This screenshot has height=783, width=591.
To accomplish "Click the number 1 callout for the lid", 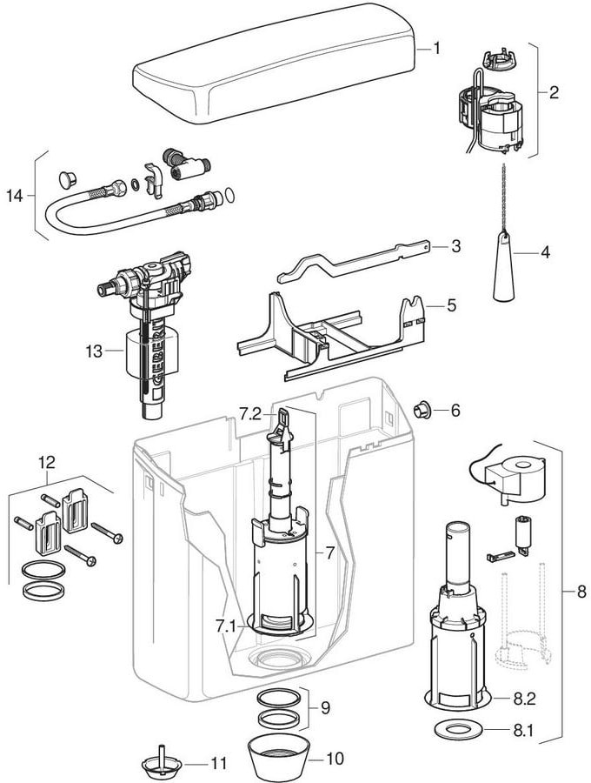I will point(436,49).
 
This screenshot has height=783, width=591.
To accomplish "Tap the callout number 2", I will point(554,93).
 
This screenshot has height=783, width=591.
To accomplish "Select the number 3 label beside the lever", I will point(455,247).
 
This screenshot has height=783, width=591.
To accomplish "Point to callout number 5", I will point(450,305).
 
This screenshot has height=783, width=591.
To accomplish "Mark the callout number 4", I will point(546,253).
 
